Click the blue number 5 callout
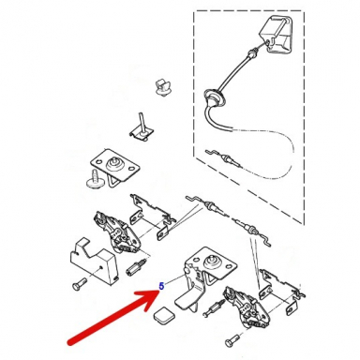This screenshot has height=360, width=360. pos(162,286)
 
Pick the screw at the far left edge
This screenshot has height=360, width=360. pos(75,282)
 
